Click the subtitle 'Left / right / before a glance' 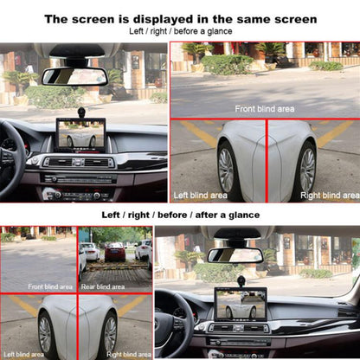tap(179, 31)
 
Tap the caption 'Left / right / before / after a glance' tap(179, 214)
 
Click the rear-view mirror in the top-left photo tap(74, 76)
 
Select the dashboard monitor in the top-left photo tap(80, 135)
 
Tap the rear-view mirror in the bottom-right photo tap(235, 254)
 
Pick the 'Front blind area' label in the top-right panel tap(264, 109)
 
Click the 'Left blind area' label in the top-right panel tap(200, 195)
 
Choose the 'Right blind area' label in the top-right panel tap(328, 195)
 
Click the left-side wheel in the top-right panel tap(227, 169)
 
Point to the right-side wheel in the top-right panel tap(307, 169)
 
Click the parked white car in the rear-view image tap(88, 251)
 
